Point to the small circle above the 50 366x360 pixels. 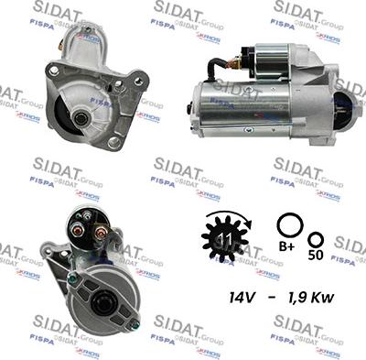(316, 235)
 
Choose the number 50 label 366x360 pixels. (316, 256)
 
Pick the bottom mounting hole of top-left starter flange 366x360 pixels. (113, 143)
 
